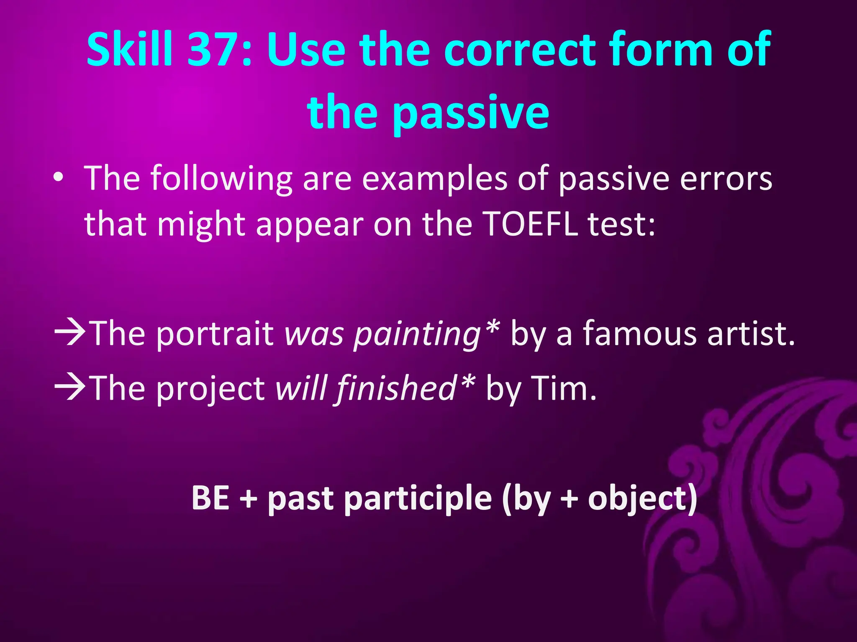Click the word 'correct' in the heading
point(519,50)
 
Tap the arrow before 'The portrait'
point(70,333)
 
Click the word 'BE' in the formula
point(210,498)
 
